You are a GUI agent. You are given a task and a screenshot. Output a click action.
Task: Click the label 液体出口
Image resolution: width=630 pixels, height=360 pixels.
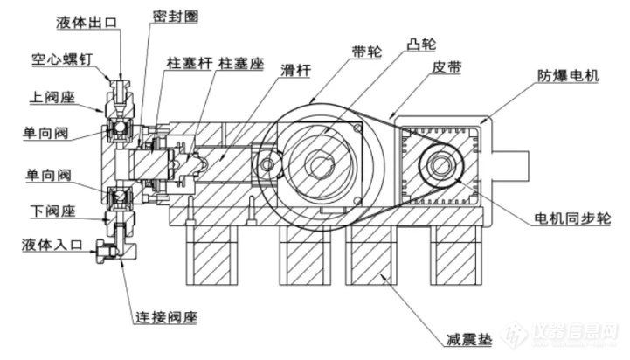pyautogui.click(x=87, y=23)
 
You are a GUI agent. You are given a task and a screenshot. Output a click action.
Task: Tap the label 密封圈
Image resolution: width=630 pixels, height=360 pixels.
pyautogui.click(x=175, y=17)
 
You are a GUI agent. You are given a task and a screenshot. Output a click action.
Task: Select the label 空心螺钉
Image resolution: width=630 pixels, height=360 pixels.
pyautogui.click(x=62, y=60)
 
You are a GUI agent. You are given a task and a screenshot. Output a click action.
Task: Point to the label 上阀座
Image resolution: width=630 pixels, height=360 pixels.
pyautogui.click(x=52, y=97)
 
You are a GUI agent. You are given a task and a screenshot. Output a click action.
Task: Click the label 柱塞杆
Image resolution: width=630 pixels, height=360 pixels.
pyautogui.click(x=190, y=64)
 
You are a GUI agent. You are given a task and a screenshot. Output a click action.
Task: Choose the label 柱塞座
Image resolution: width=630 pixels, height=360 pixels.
pyautogui.click(x=241, y=64)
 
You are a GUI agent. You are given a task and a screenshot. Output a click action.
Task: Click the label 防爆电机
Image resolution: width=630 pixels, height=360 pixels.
pyautogui.click(x=568, y=75)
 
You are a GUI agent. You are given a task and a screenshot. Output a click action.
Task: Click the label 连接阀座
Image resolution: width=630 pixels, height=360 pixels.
pyautogui.click(x=166, y=317)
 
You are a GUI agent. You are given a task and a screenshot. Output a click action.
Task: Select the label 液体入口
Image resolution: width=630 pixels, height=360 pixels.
pyautogui.click(x=52, y=245)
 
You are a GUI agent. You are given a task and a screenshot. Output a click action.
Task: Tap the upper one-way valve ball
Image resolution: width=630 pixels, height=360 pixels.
pyautogui.click(x=120, y=128)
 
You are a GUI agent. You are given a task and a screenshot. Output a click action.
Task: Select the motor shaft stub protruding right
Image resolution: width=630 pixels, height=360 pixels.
pyautogui.click(x=509, y=166)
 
